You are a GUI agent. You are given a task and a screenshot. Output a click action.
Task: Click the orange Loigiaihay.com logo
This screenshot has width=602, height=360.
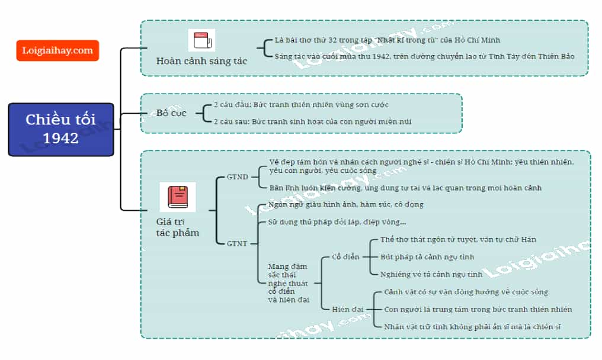tap(57, 50)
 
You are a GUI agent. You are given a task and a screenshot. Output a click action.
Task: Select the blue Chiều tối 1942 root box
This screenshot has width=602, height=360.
tap(61, 129)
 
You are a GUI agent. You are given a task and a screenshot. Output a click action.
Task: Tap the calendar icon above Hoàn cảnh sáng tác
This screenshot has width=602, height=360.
tap(201, 40)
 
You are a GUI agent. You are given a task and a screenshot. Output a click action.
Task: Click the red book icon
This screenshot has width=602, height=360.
tap(177, 197)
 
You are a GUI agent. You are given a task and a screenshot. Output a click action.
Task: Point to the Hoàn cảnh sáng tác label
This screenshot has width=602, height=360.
tap(201, 61)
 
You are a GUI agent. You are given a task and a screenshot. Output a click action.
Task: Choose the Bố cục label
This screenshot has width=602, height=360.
tap(171, 113)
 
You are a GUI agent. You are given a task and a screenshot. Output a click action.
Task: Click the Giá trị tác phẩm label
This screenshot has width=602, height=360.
tap(178, 227)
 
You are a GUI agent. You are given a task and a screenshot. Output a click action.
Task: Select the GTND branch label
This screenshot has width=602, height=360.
tap(237, 177)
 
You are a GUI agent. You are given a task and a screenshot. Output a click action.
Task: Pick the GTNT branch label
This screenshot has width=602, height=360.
tap(237, 244)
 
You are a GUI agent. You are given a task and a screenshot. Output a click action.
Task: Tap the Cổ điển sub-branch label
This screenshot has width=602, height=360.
tap(345, 257)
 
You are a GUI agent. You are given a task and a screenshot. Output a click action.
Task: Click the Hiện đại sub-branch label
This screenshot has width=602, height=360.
tap(347, 309)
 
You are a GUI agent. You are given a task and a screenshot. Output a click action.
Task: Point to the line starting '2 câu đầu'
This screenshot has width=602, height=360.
tap(301, 105)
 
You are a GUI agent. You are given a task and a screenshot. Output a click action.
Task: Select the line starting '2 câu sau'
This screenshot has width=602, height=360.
tap(312, 121)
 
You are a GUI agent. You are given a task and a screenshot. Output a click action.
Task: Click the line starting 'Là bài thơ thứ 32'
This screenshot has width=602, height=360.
tap(388, 40)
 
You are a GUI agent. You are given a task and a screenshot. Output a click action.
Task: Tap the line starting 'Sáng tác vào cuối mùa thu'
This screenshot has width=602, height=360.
tap(424, 56)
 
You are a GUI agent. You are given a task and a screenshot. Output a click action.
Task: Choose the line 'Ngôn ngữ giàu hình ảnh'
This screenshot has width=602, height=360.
tap(345, 204)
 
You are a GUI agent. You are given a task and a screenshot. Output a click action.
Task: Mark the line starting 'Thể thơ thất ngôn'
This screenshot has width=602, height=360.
tap(458, 239)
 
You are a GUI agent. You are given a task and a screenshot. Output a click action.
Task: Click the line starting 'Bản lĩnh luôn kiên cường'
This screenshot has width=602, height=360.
tap(405, 188)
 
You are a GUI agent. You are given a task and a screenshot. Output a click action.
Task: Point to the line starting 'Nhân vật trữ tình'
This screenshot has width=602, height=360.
tap(472, 327)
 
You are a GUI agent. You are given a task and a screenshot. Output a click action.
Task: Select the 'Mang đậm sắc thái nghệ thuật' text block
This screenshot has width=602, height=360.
tap(289, 283)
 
